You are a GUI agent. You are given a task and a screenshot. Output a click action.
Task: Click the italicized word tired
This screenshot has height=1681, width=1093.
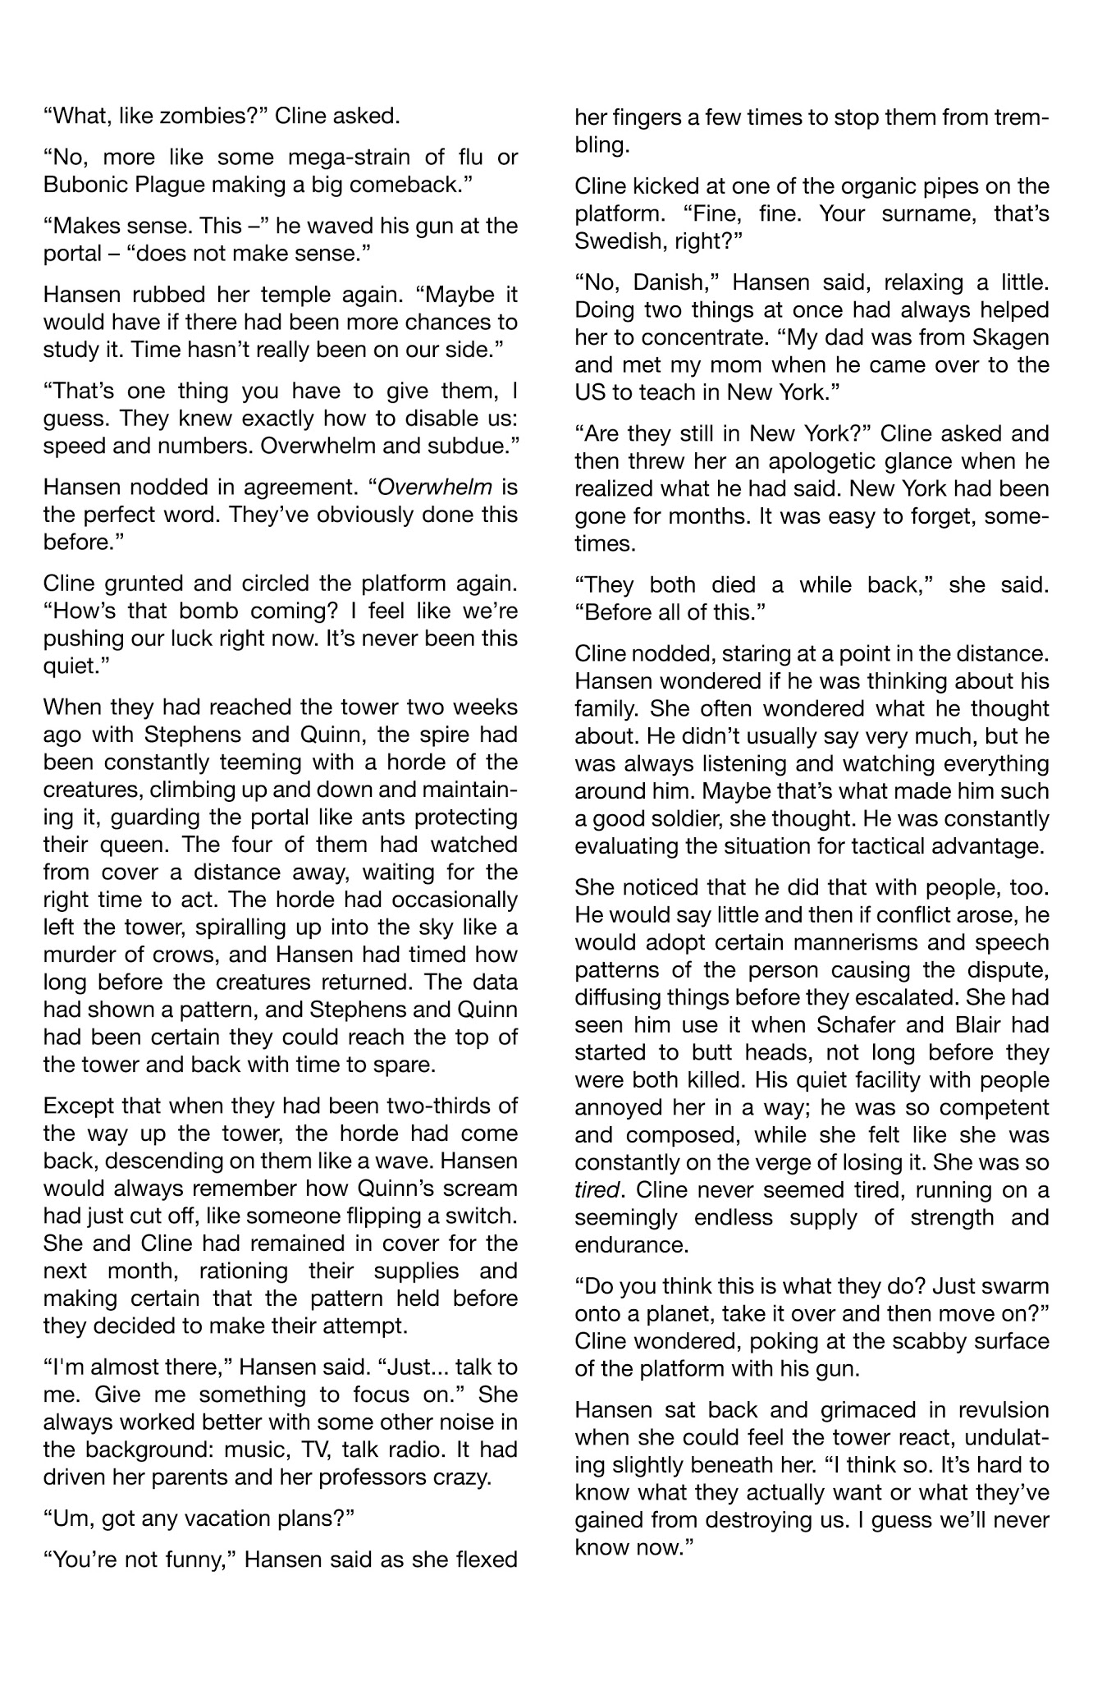click(x=598, y=1190)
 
